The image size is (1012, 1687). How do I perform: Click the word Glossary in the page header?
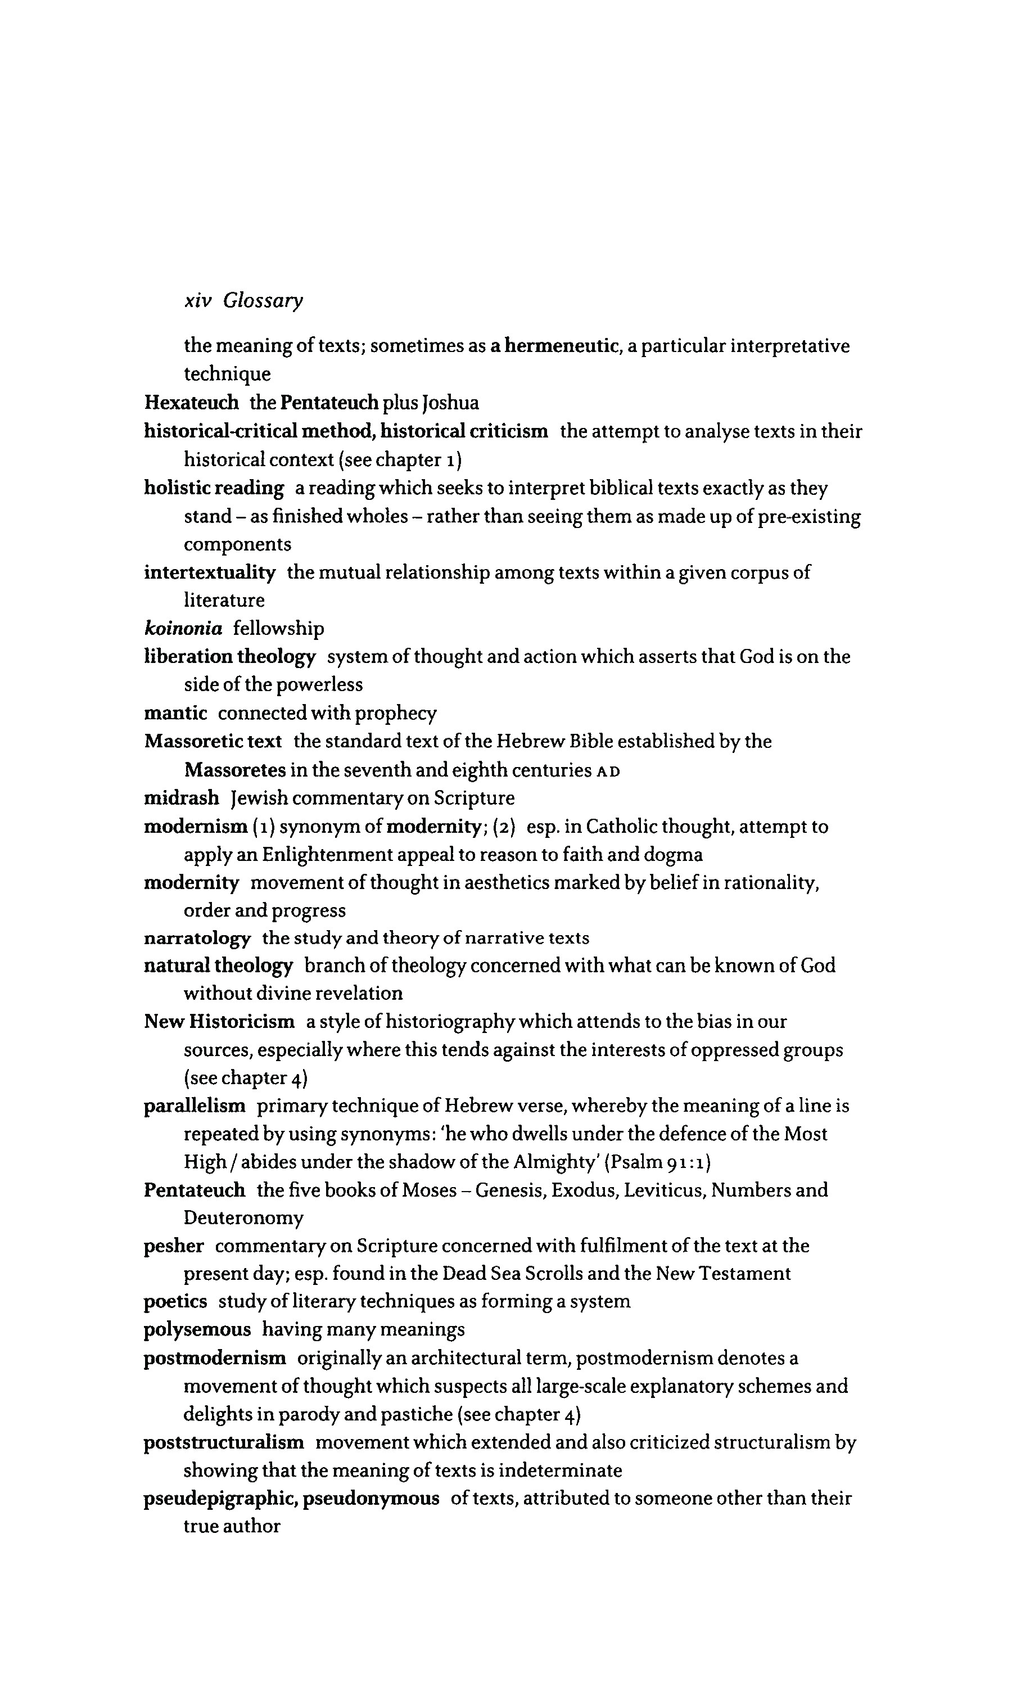point(263,301)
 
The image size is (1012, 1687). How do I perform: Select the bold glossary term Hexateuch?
point(192,403)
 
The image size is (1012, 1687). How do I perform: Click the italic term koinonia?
point(183,628)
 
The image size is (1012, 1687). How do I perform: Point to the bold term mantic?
point(175,713)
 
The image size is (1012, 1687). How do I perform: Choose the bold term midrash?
point(182,798)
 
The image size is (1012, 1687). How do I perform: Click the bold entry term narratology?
point(197,939)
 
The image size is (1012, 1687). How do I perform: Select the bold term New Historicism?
point(220,1021)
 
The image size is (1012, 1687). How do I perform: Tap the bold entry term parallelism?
point(195,1106)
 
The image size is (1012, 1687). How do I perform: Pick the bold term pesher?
point(174,1246)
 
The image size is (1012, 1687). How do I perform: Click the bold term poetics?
point(175,1302)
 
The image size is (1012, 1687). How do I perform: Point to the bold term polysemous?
point(197,1330)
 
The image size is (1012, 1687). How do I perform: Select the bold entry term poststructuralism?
point(224,1442)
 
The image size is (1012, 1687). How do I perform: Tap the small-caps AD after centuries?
point(608,771)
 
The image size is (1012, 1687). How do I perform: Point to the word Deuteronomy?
point(243,1218)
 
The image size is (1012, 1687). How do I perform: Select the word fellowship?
point(278,628)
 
